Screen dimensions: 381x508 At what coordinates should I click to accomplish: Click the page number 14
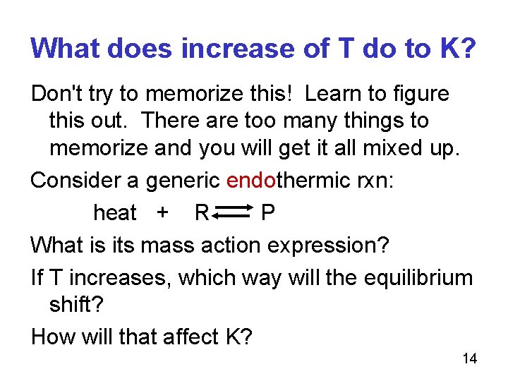coord(469,359)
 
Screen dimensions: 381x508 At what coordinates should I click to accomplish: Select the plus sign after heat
coord(163,212)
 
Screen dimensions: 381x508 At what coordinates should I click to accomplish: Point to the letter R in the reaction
coord(201,212)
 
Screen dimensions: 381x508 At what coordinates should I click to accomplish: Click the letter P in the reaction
coord(268,212)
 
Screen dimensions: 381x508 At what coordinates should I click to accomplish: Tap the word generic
coord(183,181)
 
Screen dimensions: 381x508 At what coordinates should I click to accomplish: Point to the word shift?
coord(75,305)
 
